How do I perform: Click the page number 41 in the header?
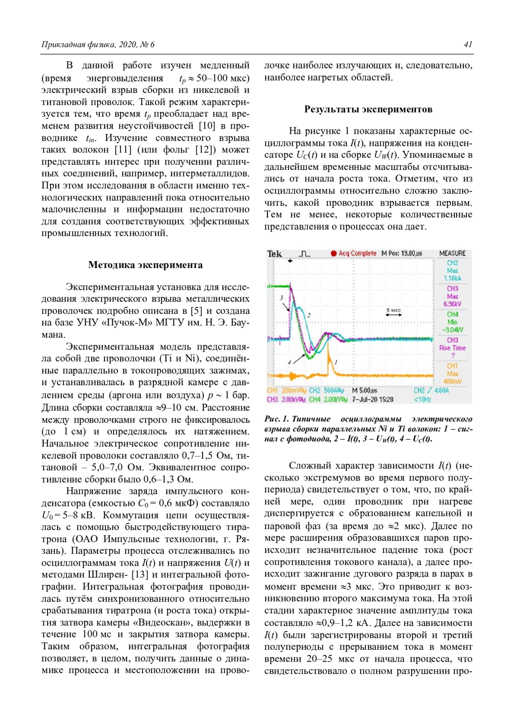click(468, 45)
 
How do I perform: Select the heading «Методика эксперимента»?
click(145, 265)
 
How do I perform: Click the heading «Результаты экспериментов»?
click(368, 109)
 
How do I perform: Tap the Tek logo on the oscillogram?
click(274, 254)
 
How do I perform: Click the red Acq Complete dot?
click(334, 253)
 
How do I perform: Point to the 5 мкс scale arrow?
click(394, 315)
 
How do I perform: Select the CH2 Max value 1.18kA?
click(452, 278)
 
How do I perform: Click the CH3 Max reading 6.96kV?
click(452, 304)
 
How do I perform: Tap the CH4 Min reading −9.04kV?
click(452, 330)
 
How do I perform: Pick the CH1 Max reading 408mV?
click(452, 381)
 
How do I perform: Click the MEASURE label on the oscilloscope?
click(452, 253)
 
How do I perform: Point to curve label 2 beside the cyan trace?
click(308, 315)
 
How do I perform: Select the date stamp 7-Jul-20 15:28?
click(372, 399)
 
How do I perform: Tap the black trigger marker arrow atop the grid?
click(290, 261)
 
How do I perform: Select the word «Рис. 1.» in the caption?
click(276, 419)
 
